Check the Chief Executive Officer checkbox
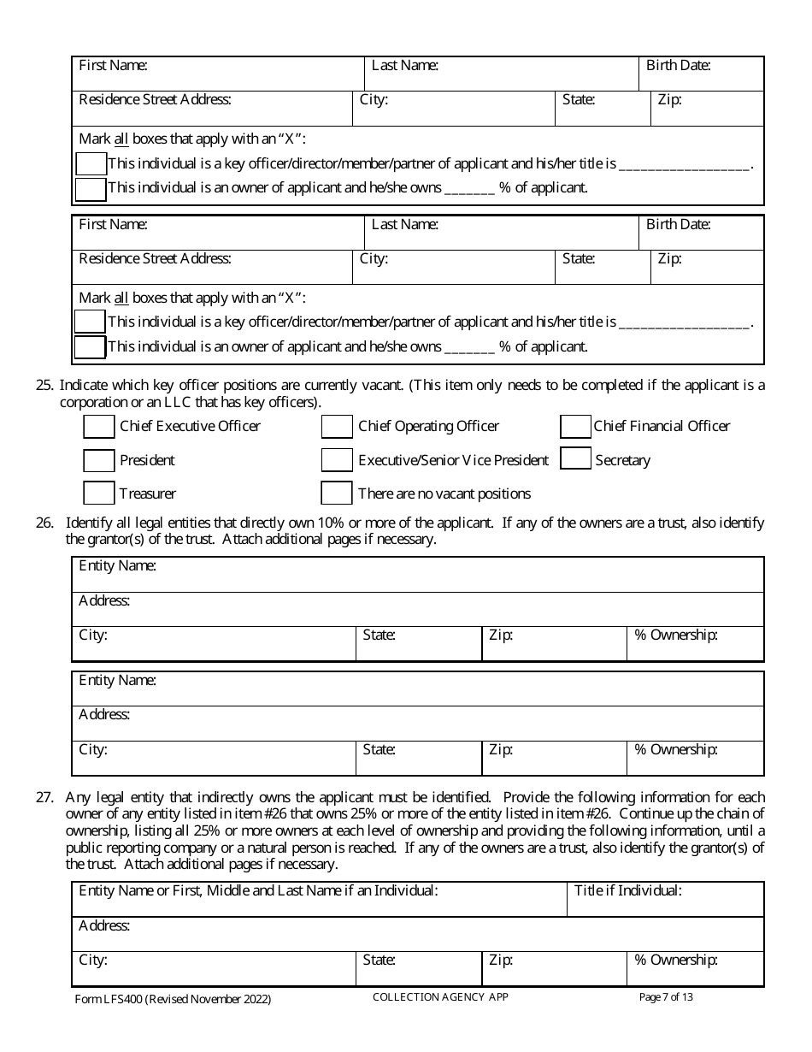(99, 426)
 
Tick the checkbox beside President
(99, 460)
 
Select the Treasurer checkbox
(99, 493)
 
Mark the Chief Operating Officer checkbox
(337, 426)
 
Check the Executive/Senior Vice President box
(337, 460)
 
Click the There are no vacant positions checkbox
(337, 493)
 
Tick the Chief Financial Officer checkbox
(575, 426)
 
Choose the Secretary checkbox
(575, 459)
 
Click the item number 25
(44, 386)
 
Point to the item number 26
(44, 523)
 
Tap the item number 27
(44, 797)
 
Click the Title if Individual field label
(627, 890)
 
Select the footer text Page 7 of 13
(666, 996)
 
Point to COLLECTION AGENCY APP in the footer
(440, 996)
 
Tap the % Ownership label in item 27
(675, 960)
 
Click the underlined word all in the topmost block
(121, 139)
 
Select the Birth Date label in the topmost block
(678, 65)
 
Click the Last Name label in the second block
(405, 224)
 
